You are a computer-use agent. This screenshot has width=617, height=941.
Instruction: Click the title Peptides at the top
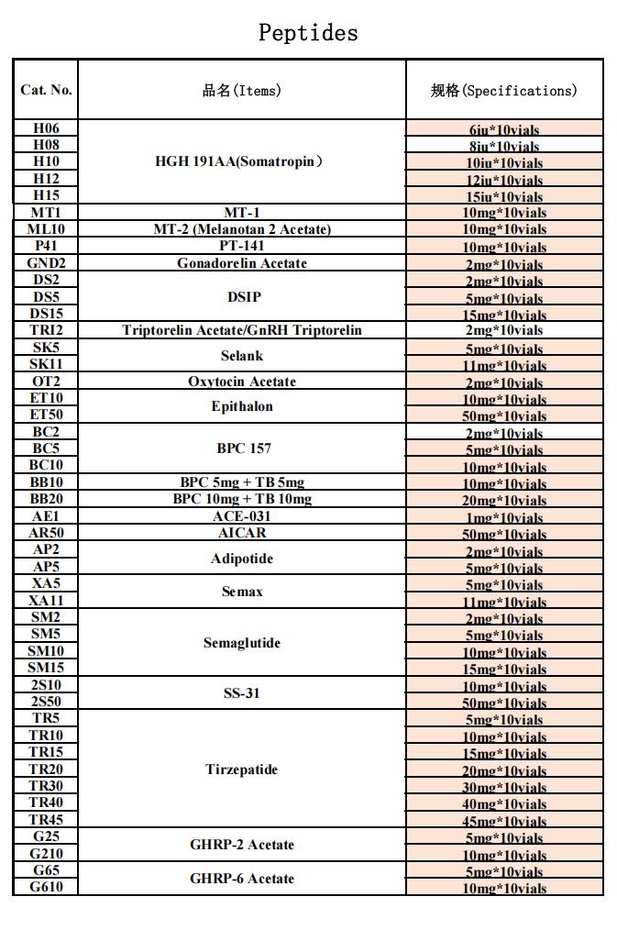coord(308,33)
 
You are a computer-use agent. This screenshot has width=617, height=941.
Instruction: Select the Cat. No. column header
coord(46,90)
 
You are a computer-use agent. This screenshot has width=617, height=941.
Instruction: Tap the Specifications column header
coord(504,90)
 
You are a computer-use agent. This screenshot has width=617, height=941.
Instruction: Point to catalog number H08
coord(46,145)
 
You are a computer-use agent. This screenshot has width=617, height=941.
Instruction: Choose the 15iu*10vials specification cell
coord(505,196)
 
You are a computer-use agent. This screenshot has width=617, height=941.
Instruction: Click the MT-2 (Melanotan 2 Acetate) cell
coord(242,229)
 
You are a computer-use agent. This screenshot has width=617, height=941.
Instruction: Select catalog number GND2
coord(46,263)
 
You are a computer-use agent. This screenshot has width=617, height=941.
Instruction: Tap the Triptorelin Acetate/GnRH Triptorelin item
coord(242,330)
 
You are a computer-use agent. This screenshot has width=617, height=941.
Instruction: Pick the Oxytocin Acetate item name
coord(242,382)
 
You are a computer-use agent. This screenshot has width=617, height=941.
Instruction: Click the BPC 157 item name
coord(242,448)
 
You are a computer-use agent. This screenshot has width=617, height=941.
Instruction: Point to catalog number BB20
coord(46,499)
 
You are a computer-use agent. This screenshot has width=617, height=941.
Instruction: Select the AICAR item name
coord(242,533)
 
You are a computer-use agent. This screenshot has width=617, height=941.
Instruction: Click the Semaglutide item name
coord(242,643)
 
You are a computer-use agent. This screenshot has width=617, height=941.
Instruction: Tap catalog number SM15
coord(46,668)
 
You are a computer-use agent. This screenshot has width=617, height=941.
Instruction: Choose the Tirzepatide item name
coord(242,769)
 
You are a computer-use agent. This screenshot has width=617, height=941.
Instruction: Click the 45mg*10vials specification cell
coord(505,821)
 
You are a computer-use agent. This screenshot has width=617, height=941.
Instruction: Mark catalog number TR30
coord(46,786)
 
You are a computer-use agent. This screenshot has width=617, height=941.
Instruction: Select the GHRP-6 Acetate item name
coord(242,879)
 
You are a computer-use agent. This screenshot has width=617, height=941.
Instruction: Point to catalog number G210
coord(46,854)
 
